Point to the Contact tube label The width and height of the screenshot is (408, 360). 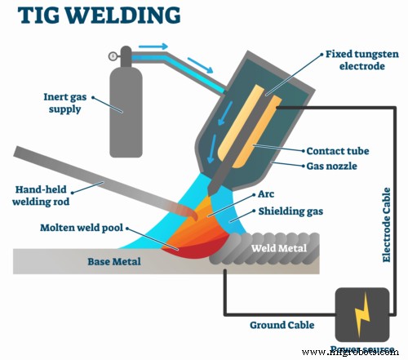tap(337, 151)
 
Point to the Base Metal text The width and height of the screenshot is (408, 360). tap(114, 262)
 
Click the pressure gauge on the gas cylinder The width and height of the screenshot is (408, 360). tap(112, 56)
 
